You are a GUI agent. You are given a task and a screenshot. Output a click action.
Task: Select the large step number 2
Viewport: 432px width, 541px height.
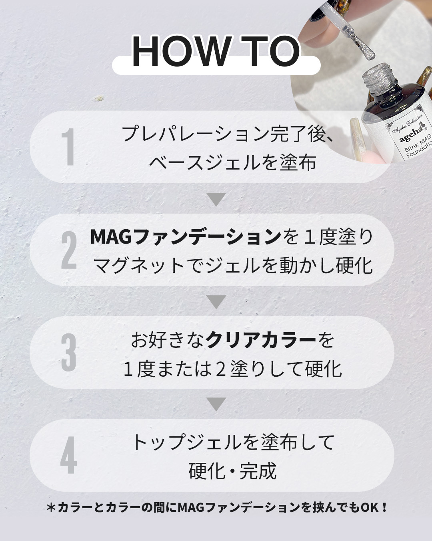point(69,250)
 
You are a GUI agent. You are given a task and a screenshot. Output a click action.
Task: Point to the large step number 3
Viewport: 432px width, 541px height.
point(69,353)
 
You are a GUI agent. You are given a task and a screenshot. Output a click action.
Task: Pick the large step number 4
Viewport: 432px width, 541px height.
point(69,455)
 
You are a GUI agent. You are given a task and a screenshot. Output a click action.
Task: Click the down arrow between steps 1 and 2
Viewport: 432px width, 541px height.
point(216,199)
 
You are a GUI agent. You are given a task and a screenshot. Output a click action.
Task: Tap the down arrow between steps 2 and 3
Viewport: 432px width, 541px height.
point(216,301)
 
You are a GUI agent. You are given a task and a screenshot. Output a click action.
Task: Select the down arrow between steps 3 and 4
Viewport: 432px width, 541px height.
point(216,404)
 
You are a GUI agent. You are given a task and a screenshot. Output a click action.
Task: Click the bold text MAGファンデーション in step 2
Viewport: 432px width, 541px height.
point(186,237)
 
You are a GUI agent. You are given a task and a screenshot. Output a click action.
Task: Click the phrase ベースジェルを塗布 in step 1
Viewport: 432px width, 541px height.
point(232,163)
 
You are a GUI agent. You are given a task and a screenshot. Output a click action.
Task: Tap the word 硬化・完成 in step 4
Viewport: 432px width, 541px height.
point(232,471)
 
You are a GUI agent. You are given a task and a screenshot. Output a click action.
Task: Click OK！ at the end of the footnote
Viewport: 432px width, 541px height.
point(374,507)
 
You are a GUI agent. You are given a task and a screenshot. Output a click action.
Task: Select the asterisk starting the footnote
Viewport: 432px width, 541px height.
point(51,507)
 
